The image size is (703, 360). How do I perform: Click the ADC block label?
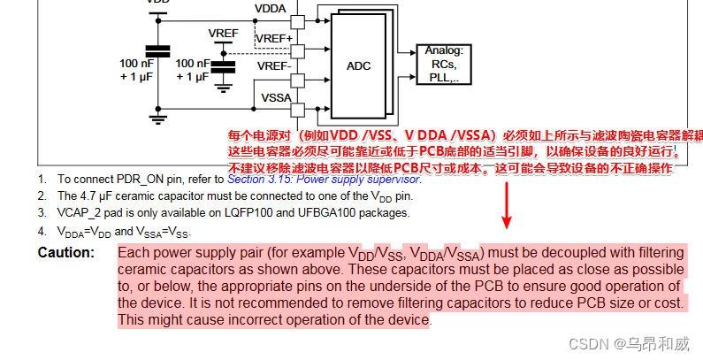[x=358, y=66]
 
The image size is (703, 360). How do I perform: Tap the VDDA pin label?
[x=270, y=9]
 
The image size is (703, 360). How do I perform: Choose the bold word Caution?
[x=66, y=253]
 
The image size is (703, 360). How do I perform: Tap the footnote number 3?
[x=42, y=213]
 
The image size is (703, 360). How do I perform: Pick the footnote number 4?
[x=42, y=232]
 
